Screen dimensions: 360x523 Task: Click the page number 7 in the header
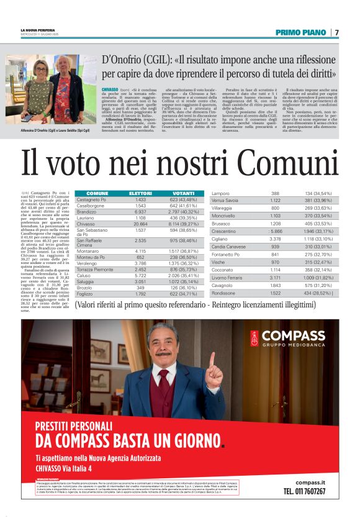click(336, 32)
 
